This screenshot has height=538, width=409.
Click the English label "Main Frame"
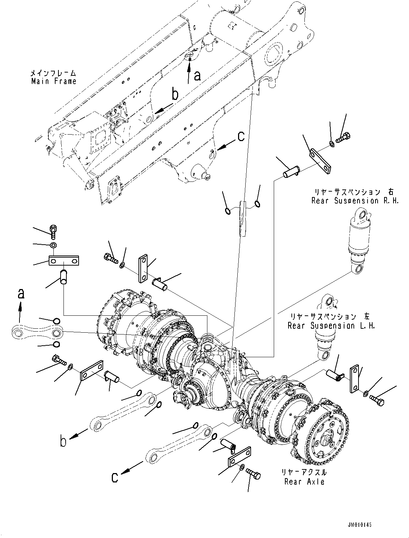point(54,82)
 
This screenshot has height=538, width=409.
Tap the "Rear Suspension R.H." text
point(355,201)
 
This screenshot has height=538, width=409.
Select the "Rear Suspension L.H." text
point(331,326)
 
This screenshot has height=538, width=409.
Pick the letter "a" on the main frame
point(197,76)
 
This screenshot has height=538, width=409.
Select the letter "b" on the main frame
point(175,95)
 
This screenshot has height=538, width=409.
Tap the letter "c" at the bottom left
point(115,477)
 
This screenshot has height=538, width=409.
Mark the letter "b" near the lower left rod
point(63,442)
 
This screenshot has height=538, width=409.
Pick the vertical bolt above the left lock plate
point(53,232)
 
